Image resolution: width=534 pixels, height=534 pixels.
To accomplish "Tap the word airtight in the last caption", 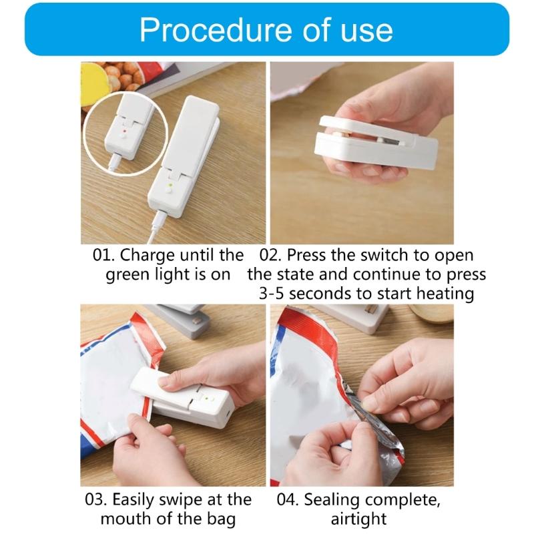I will point(358,519).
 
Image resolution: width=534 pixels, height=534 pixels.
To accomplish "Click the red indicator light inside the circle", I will point(125,132).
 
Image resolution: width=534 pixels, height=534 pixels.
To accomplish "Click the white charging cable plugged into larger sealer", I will point(156,230).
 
